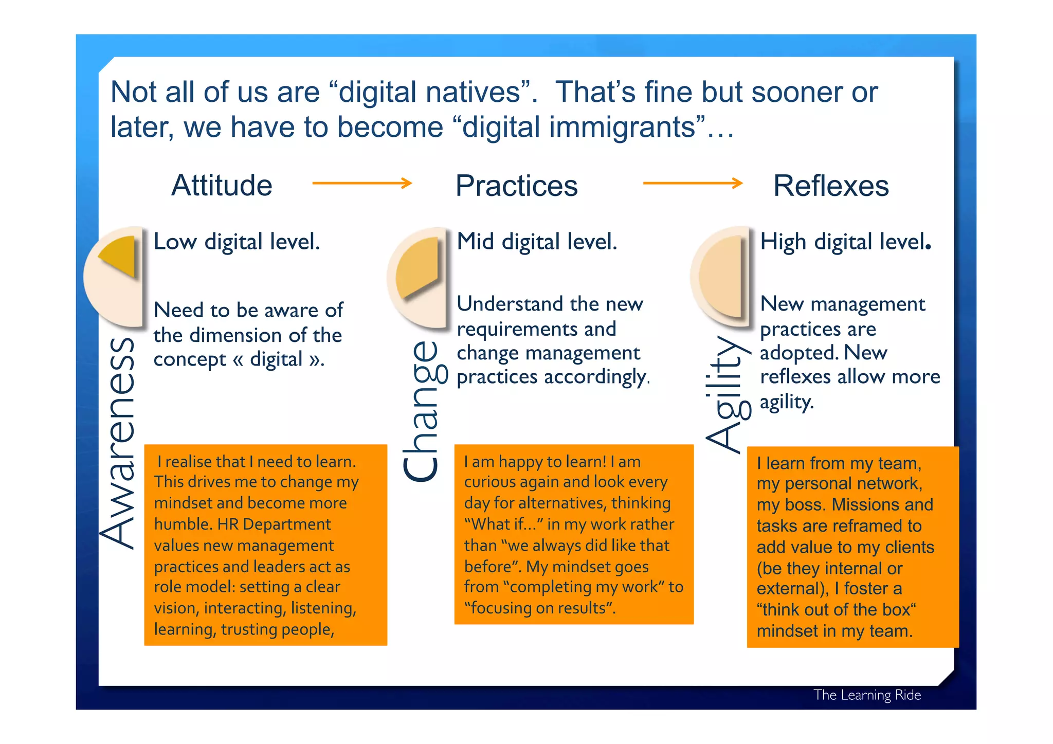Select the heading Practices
coord(516,186)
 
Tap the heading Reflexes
coord(831,186)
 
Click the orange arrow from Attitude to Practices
coord(362,183)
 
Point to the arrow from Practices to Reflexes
coord(693,183)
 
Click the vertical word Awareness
coord(118,442)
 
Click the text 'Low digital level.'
coord(237,242)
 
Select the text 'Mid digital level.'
coord(537,242)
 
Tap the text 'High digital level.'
coord(845,242)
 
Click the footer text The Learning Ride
coord(867,695)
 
